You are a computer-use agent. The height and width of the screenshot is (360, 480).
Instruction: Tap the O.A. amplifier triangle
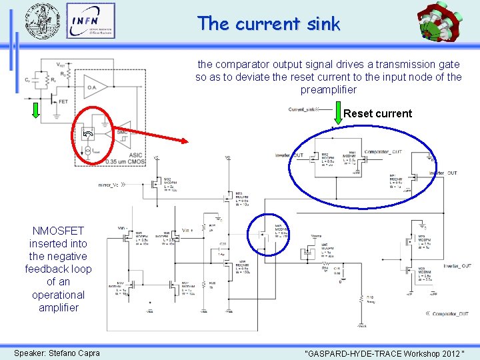click(x=95, y=85)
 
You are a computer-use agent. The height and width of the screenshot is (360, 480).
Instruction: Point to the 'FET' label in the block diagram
click(x=63, y=102)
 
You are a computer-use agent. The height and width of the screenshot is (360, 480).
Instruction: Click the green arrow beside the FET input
click(x=35, y=111)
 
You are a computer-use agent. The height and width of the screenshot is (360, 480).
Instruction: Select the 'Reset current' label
click(x=377, y=113)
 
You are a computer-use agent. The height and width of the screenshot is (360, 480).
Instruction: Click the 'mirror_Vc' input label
click(x=111, y=185)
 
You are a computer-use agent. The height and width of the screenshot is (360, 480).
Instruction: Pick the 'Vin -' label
click(x=122, y=228)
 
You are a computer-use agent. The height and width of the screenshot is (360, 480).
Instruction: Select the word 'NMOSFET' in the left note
click(x=58, y=231)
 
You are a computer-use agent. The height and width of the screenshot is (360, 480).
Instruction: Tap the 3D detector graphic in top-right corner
click(x=441, y=23)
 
